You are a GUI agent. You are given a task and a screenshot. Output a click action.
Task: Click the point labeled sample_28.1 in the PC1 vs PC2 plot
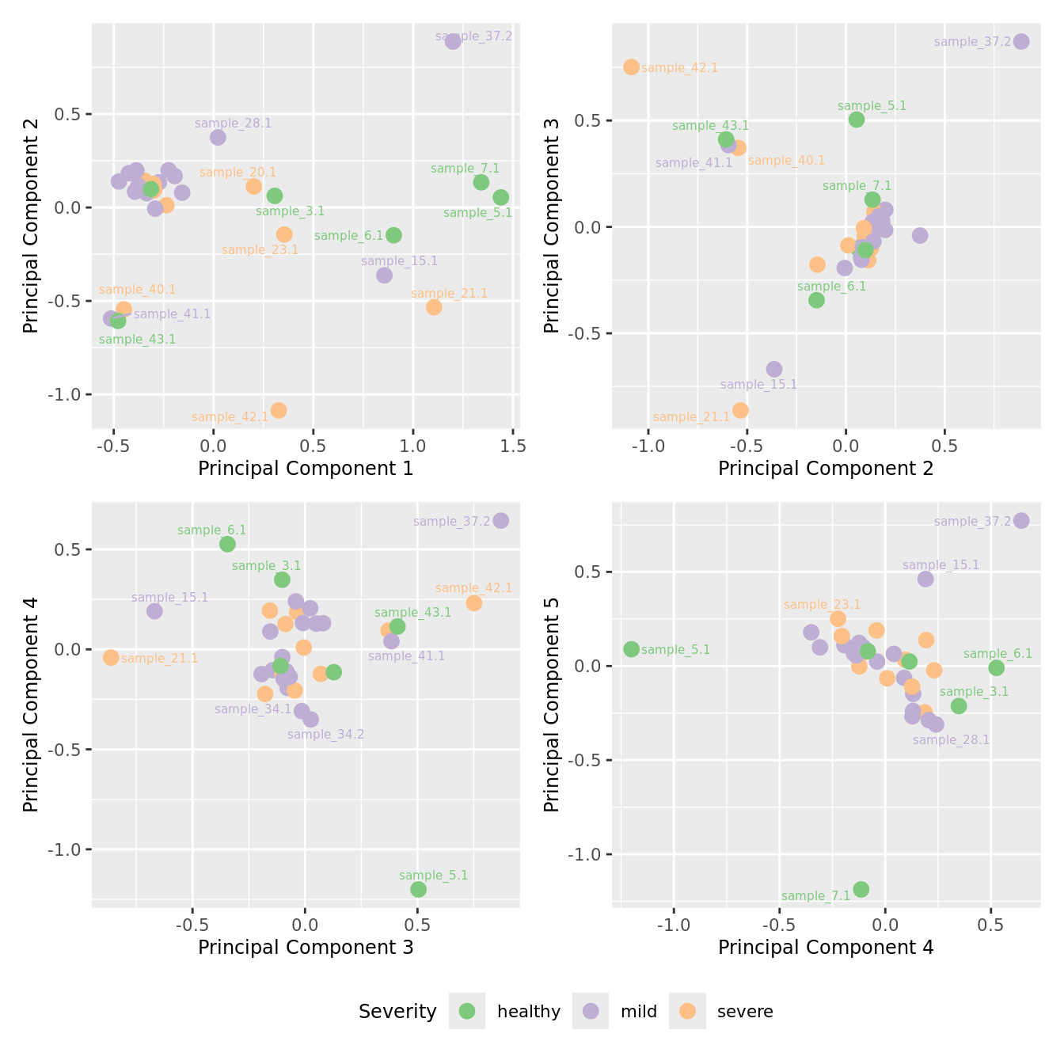218,137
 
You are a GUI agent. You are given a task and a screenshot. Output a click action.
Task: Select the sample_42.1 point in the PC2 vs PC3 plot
631,66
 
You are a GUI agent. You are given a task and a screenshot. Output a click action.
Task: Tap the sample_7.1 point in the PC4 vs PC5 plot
861,889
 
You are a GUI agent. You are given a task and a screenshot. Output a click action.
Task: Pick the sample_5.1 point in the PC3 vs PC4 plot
418,889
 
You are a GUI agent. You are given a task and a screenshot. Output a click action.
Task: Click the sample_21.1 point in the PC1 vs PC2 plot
434,307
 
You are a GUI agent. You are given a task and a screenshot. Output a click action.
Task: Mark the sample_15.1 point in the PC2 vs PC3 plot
774,369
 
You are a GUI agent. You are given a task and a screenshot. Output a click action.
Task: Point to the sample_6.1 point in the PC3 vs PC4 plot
227,544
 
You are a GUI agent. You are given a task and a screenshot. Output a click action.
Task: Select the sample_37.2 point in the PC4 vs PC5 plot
1021,520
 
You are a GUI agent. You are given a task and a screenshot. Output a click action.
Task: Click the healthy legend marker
467,1011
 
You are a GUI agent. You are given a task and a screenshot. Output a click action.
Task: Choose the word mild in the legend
638,1012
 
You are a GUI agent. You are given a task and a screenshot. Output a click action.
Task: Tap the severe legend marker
687,1011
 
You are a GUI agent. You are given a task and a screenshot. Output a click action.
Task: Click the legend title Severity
397,1012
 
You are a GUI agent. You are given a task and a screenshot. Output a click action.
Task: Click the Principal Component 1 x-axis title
306,469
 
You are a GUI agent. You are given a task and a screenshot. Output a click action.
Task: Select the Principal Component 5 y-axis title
552,738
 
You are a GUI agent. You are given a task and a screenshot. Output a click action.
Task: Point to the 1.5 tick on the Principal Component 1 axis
513,446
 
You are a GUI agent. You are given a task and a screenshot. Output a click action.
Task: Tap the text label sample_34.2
325,735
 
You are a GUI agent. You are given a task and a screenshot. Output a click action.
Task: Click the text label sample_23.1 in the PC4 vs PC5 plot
822,605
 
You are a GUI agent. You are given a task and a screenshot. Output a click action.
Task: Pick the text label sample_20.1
237,173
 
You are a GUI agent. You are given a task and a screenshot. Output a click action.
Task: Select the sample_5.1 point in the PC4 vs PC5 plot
631,649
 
